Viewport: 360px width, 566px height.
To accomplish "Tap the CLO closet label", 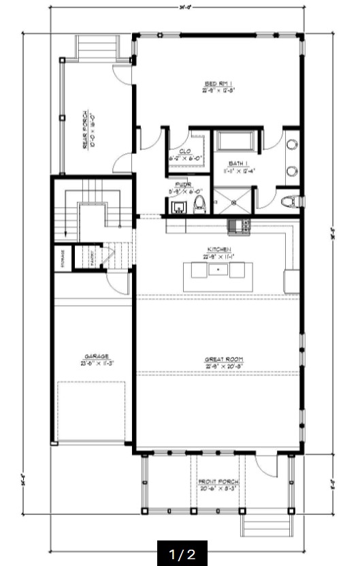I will point(184,151).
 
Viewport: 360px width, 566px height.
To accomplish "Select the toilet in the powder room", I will point(199,204).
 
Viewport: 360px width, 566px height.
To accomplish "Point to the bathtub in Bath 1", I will point(235,141).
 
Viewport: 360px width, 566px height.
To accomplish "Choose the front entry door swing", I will point(267,465).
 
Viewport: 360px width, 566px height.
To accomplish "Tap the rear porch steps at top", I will point(97,46).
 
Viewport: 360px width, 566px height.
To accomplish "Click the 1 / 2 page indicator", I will point(182,554).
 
